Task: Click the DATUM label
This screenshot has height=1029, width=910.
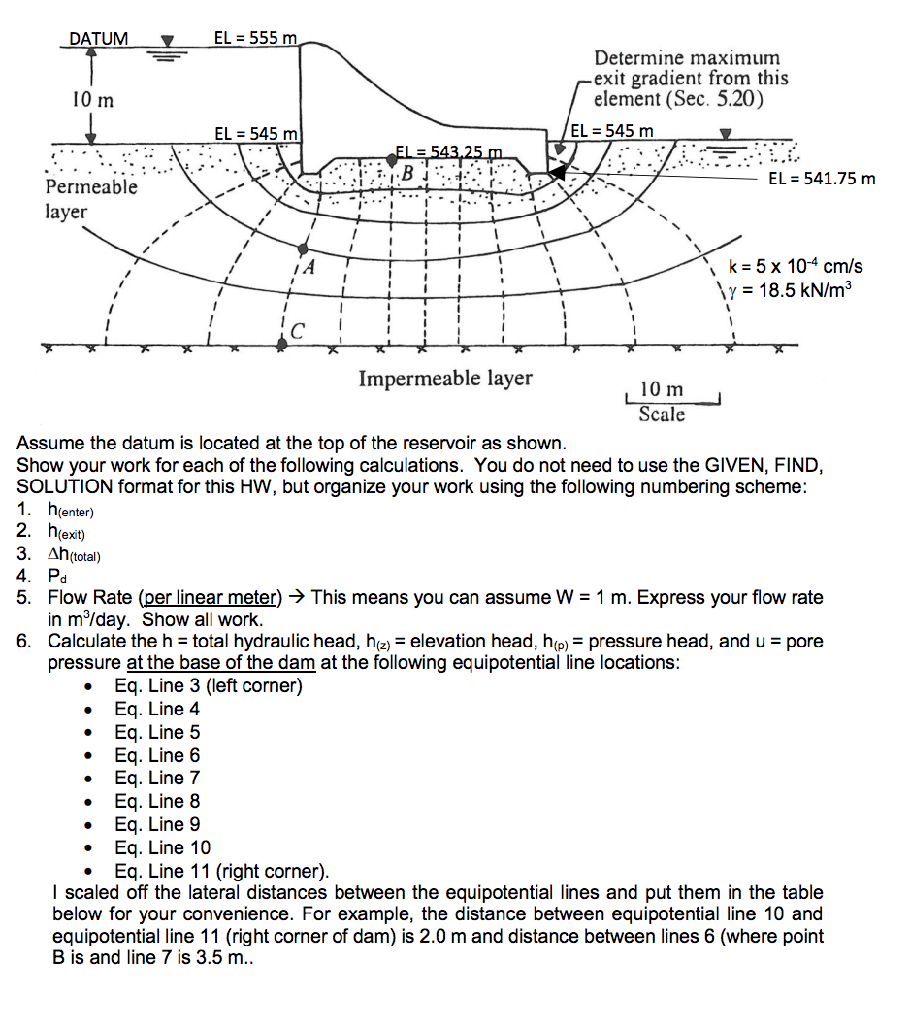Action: click(98, 39)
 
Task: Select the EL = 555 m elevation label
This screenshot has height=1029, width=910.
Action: click(255, 38)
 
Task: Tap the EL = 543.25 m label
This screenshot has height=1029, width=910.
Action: click(447, 151)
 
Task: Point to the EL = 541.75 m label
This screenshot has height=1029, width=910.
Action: click(821, 179)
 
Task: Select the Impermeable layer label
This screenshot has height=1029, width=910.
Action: click(445, 378)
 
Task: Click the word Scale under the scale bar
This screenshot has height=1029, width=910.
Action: click(662, 415)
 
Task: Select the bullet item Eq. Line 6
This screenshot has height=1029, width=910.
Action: click(157, 755)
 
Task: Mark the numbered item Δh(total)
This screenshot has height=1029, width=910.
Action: click(74, 554)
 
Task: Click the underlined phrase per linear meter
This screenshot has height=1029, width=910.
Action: click(211, 598)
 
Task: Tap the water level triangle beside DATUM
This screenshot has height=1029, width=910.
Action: click(167, 42)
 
